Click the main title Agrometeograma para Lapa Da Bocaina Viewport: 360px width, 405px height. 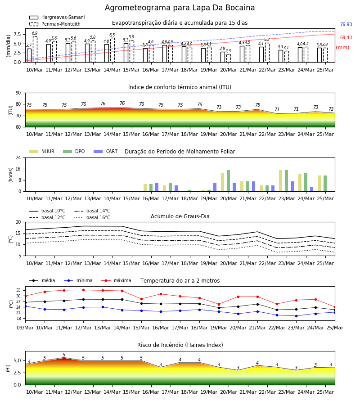click(180, 8)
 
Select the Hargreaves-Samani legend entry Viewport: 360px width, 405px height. click(57, 17)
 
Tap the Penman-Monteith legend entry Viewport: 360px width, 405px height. click(55, 24)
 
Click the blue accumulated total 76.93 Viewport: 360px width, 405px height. click(346, 25)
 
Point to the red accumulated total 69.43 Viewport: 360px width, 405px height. click(346, 37)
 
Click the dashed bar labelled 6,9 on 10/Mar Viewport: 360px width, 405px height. click(35, 49)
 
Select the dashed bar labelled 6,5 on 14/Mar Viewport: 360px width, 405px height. click(112, 50)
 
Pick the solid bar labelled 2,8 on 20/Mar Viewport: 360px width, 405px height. click(223, 57)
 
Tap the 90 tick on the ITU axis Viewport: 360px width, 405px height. click(18, 93)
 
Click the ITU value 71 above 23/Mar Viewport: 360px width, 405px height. click(277, 109)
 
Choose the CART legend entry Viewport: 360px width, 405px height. click(106, 151)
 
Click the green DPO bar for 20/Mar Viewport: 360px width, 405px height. click(228, 181)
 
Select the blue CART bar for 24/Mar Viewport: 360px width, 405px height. click(312, 189)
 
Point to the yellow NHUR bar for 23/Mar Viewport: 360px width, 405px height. click(280, 181)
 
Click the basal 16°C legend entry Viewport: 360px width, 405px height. click(92, 217)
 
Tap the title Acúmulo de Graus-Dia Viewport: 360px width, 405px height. click(180, 216)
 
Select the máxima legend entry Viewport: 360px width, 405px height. click(117, 280)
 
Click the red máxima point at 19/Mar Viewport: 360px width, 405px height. click(219, 305)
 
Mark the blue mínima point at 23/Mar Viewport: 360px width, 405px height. click(296, 316)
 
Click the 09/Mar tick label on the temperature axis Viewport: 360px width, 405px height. click(25, 328)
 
